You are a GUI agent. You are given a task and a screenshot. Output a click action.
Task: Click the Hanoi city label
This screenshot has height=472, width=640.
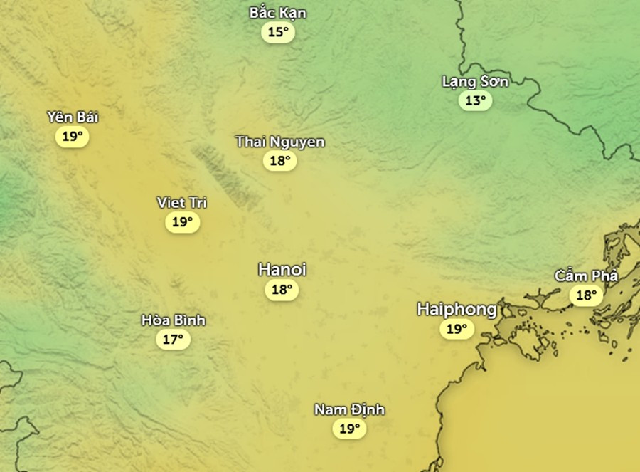(282, 270)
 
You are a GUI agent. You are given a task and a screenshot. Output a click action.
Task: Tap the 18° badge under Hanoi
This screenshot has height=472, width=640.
(282, 290)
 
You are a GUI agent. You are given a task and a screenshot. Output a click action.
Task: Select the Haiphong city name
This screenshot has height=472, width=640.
(457, 309)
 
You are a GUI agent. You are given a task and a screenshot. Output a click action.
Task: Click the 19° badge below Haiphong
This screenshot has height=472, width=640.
(457, 329)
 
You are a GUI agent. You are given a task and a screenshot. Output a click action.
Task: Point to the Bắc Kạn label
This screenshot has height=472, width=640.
(278, 13)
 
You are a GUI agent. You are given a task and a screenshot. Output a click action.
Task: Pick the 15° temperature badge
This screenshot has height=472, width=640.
(278, 32)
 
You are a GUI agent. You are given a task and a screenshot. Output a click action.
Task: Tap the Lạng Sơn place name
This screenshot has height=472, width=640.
(475, 81)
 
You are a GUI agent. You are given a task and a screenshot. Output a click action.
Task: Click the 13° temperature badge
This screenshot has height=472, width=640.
(475, 100)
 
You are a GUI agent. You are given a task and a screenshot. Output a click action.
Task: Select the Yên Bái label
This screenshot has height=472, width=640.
(73, 117)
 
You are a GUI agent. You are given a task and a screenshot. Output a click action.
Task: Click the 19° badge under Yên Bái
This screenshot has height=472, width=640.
(73, 136)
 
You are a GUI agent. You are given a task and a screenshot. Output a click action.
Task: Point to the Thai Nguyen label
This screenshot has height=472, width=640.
(280, 142)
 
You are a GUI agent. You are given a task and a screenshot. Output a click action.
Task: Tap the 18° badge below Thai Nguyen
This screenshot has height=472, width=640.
(280, 161)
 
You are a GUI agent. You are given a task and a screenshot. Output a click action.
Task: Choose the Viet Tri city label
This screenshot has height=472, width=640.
(182, 203)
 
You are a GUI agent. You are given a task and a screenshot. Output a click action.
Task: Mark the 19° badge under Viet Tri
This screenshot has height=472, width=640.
(182, 222)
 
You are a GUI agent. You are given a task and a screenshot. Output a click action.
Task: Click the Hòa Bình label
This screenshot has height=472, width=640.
(173, 320)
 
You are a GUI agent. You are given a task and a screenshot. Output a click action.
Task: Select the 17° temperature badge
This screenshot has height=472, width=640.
(173, 340)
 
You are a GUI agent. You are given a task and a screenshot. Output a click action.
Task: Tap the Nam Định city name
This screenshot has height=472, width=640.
(349, 409)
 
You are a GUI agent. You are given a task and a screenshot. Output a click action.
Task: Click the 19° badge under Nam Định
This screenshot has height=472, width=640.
(349, 429)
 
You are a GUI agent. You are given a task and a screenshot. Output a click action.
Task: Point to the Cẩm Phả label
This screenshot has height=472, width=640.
(587, 276)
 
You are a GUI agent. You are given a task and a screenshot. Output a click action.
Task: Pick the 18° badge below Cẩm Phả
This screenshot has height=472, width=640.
(587, 295)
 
